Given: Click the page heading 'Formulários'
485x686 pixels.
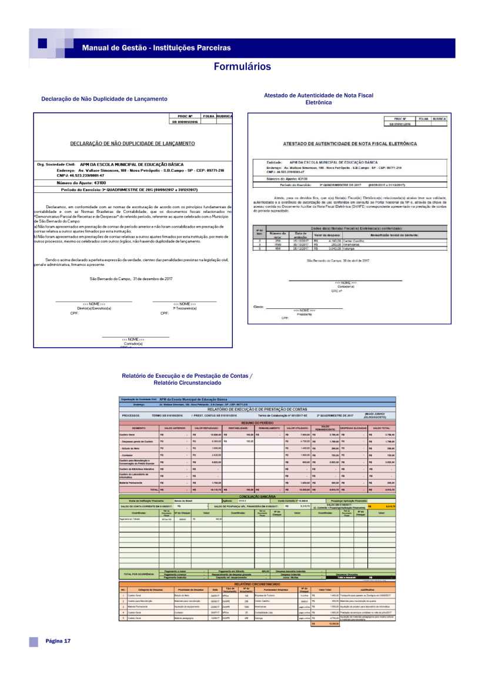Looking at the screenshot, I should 242,66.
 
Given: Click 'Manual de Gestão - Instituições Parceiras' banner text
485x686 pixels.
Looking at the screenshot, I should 156,47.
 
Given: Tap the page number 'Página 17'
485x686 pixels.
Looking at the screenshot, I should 58,641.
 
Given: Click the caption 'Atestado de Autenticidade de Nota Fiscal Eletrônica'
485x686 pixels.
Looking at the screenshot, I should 319,98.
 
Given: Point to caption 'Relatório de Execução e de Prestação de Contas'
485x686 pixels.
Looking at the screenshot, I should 186,375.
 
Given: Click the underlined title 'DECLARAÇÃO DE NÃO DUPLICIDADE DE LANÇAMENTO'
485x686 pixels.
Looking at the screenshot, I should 132,143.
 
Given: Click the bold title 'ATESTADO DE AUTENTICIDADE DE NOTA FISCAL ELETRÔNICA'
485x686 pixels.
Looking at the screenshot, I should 350,144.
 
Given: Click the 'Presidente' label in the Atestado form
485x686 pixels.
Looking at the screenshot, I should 304,314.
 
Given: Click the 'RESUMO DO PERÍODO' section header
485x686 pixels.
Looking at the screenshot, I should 257,422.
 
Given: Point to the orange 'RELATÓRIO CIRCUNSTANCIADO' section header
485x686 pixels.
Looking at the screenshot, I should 257,584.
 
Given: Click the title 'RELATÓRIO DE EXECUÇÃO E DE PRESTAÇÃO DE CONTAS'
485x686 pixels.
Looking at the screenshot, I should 257,409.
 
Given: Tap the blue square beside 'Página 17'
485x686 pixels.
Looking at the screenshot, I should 34,641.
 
